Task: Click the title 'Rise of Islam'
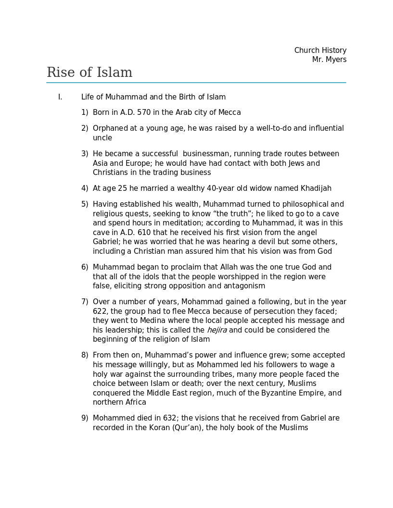pyautogui.click(x=89, y=73)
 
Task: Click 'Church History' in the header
pyautogui.click(x=320, y=50)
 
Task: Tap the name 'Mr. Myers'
pyautogui.click(x=329, y=60)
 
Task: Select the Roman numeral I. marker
pyautogui.click(x=60, y=97)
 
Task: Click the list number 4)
pyautogui.click(x=85, y=188)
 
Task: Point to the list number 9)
pyautogui.click(x=85, y=418)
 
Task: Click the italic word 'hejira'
pyautogui.click(x=216, y=330)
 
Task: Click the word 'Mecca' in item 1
pyautogui.click(x=229, y=112)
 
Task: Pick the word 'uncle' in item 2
pyautogui.click(x=102, y=138)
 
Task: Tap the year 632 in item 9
pyautogui.click(x=169, y=418)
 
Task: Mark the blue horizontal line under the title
pyautogui.click(x=196, y=83)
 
